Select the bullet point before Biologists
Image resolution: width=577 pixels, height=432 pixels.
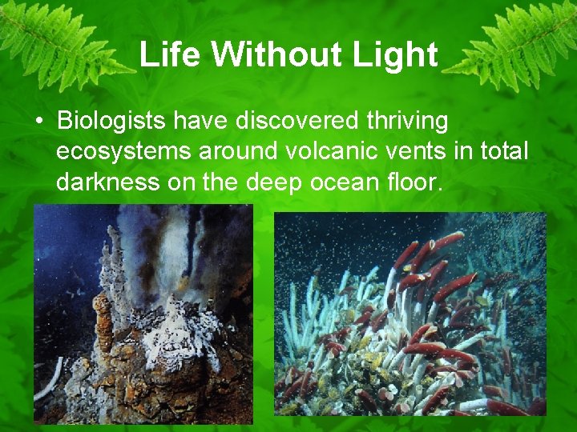(x=38, y=122)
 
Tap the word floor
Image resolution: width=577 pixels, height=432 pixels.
(x=413, y=182)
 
